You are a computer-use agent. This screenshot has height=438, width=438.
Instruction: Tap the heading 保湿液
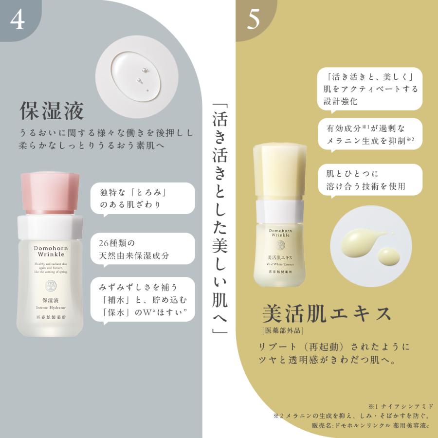52,111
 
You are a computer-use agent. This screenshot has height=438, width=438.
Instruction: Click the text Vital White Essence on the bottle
279,262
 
